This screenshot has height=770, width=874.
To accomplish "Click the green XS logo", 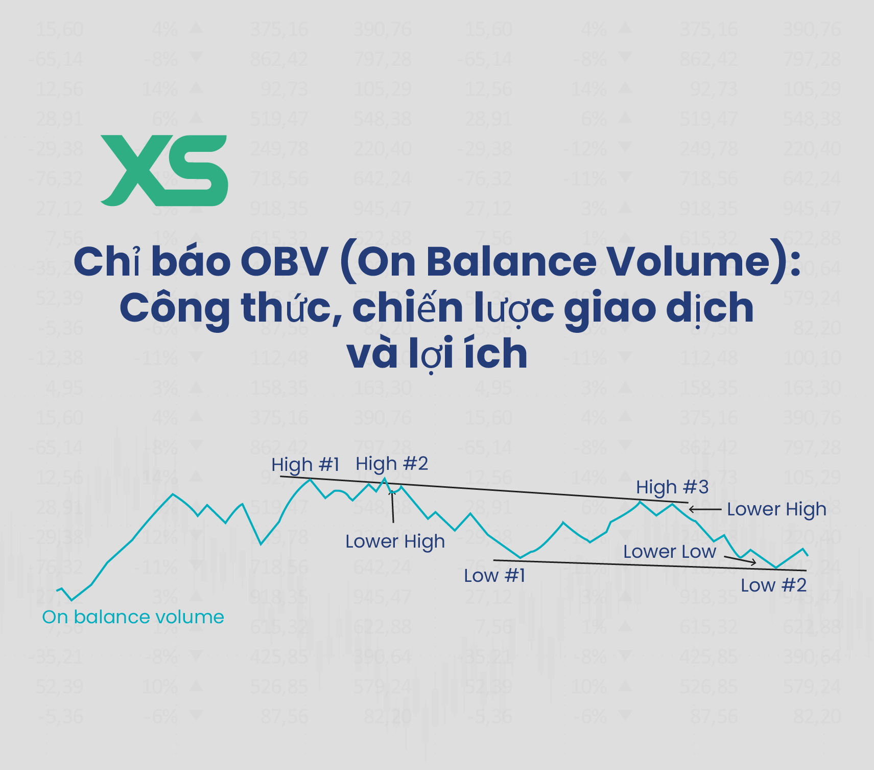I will [164, 170].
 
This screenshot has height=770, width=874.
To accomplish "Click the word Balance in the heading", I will [511, 262].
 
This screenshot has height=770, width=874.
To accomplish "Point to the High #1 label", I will [305, 465].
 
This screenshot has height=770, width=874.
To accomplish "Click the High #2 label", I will [392, 463].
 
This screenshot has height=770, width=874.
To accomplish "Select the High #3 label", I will [672, 487].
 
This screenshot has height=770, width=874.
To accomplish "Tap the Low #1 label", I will [494, 576].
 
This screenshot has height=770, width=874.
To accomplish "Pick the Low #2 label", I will [773, 585].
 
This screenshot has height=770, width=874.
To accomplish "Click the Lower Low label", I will [669, 552].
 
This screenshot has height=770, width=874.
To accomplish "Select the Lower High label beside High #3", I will [776, 509].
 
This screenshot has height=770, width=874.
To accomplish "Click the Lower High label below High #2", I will [395, 541].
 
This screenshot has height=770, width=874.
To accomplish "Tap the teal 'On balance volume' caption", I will [133, 617].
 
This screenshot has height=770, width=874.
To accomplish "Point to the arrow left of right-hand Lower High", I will [704, 509].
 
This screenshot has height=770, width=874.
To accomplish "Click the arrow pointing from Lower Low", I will [740, 560].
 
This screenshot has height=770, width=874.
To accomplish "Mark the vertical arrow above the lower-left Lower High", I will [392, 506].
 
